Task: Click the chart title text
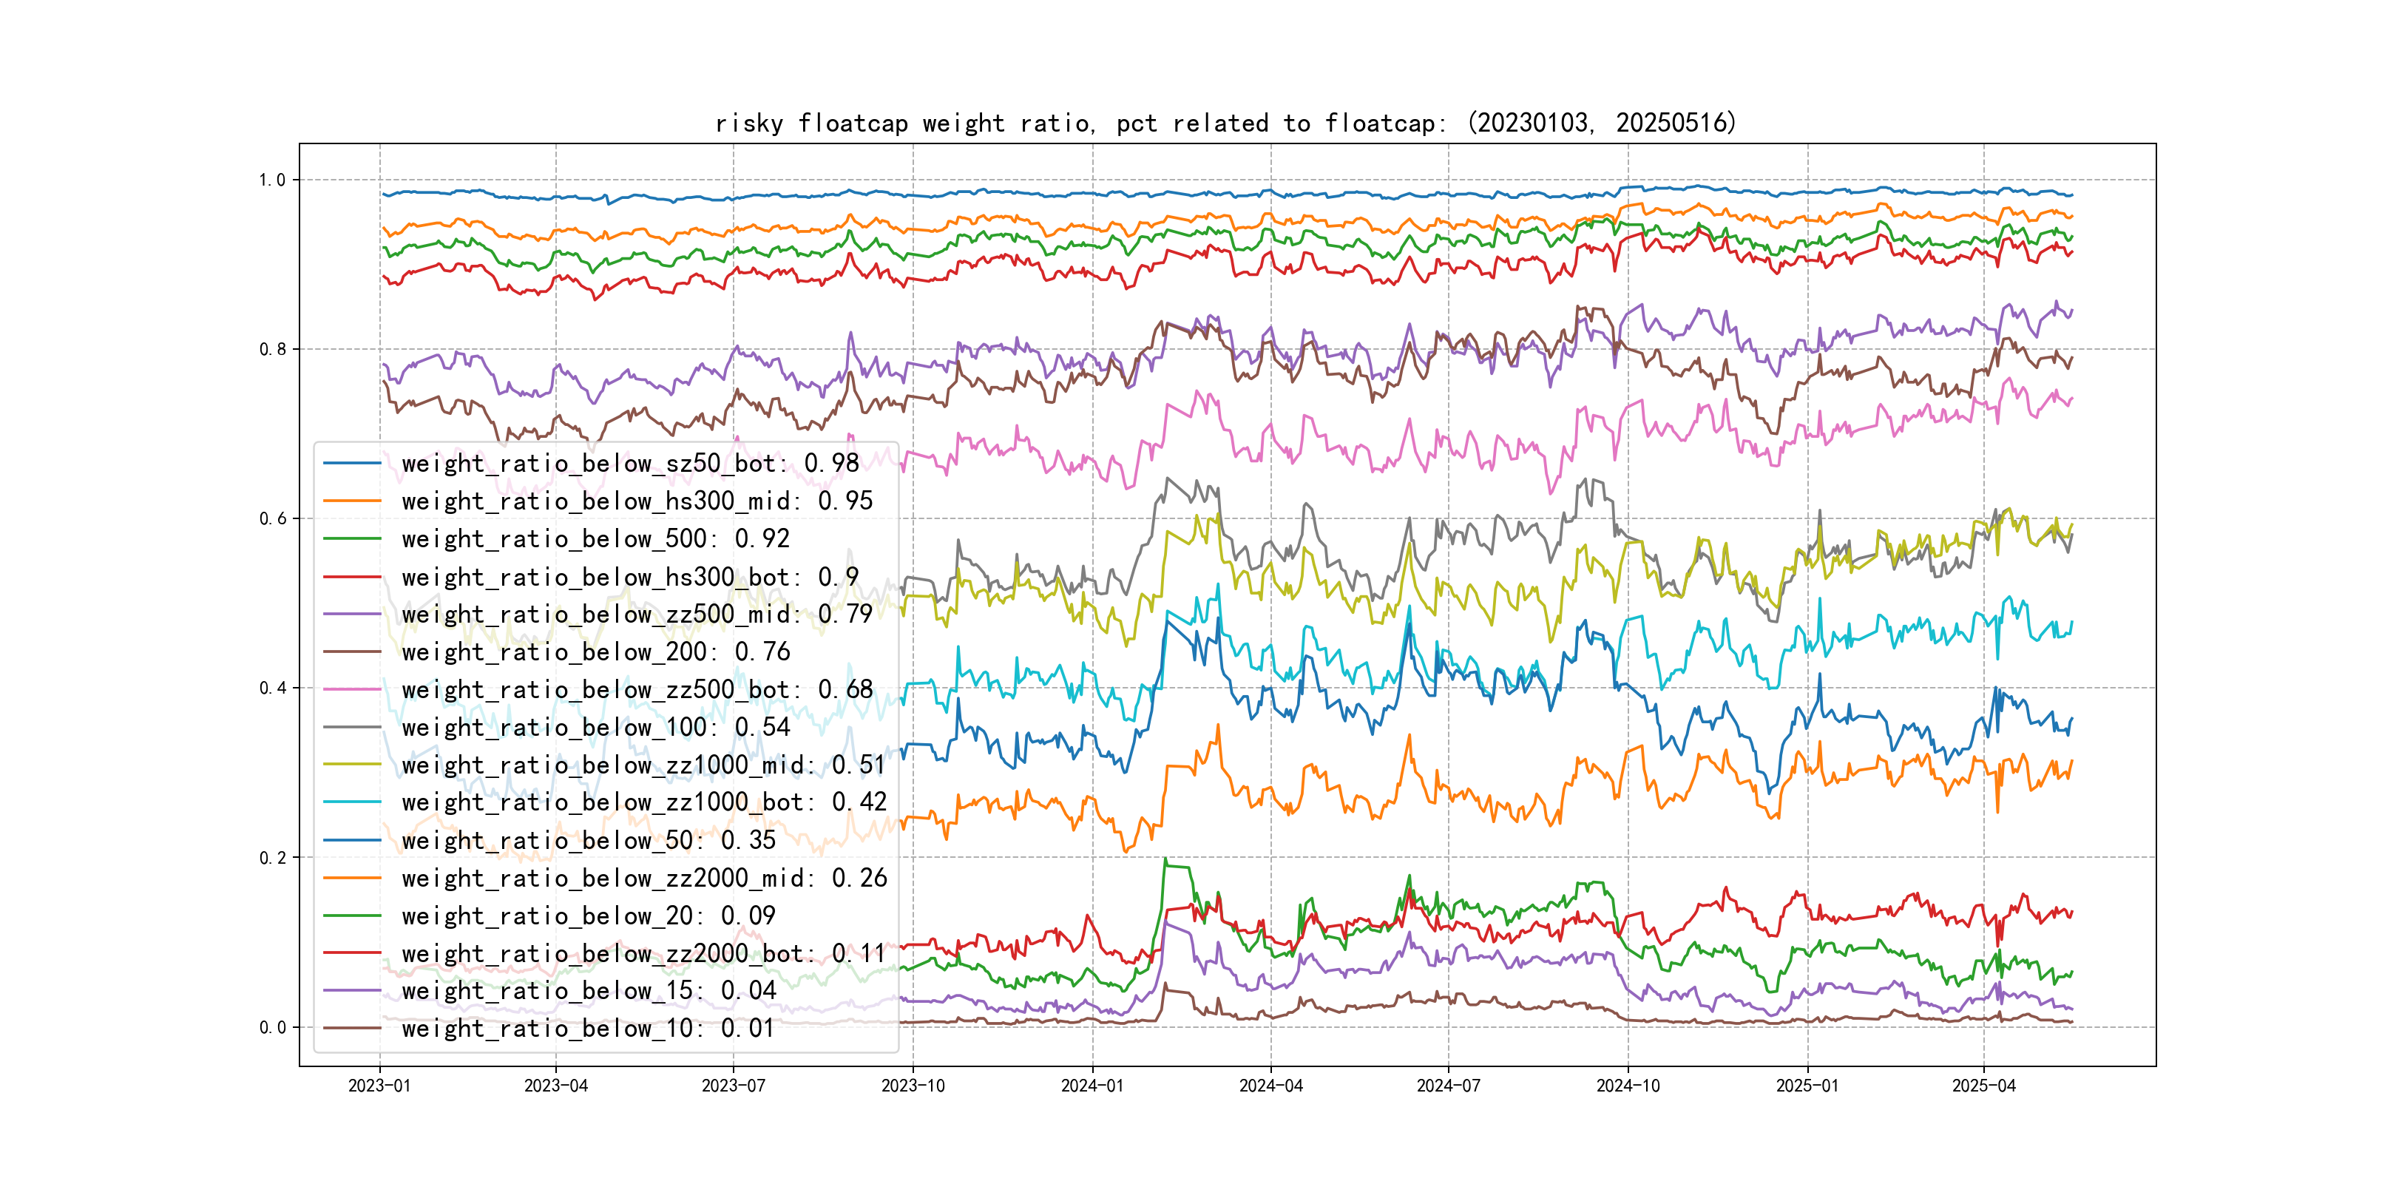point(1225,123)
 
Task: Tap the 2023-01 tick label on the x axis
point(379,1086)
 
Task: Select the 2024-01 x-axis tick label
point(1092,1086)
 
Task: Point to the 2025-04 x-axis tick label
point(1983,1086)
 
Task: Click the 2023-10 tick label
point(913,1086)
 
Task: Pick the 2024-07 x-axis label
point(1447,1086)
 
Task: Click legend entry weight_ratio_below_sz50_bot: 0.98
point(630,463)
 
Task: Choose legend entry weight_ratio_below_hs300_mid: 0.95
point(637,501)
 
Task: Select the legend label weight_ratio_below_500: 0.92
point(595,538)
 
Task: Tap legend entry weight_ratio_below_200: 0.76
point(595,652)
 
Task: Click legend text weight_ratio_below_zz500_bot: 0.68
point(637,690)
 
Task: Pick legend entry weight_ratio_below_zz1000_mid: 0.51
point(643,765)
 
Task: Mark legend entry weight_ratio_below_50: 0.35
point(588,841)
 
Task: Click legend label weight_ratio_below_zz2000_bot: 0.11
point(643,953)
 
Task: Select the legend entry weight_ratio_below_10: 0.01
point(588,1029)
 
